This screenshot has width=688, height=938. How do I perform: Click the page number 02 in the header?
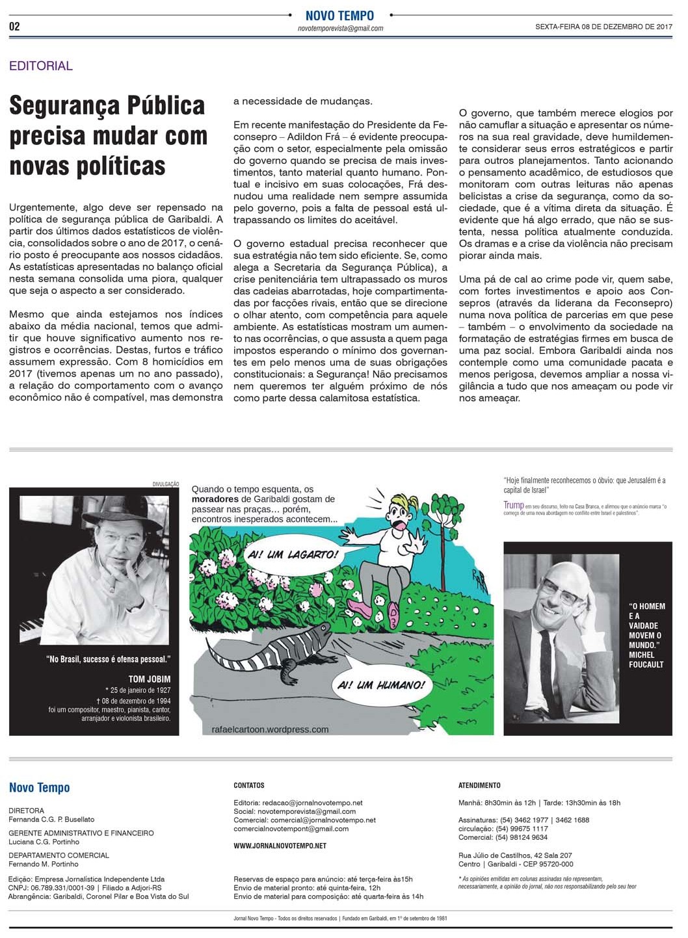(x=14, y=26)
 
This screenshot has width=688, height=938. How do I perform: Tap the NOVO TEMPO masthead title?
(x=339, y=16)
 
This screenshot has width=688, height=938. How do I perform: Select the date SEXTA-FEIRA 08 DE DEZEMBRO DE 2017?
(x=603, y=27)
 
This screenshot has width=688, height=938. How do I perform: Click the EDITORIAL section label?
(x=41, y=66)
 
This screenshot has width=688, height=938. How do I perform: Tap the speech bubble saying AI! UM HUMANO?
(x=382, y=684)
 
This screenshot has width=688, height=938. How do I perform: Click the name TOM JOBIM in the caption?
(x=150, y=679)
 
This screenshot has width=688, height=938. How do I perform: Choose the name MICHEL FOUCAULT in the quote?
(x=646, y=660)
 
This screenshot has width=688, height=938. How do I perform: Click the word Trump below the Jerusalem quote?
(x=513, y=505)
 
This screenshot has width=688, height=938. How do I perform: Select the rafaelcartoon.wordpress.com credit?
(x=270, y=729)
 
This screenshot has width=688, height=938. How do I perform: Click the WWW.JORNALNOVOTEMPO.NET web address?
(x=280, y=846)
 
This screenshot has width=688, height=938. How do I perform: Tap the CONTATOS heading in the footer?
(x=249, y=785)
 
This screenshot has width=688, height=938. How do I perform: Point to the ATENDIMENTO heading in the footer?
(x=479, y=785)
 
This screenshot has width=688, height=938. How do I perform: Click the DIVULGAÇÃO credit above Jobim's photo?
(x=165, y=484)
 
